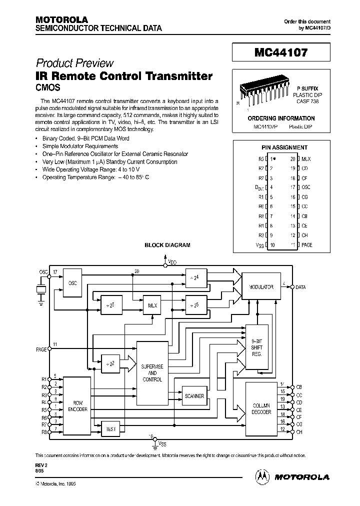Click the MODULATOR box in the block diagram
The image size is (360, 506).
click(261, 287)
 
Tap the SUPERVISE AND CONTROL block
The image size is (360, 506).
click(152, 372)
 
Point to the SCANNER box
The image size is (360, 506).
click(194, 395)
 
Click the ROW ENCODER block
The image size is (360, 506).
click(77, 405)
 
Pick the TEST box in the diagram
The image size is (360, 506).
click(111, 428)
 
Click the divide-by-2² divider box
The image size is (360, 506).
click(111, 364)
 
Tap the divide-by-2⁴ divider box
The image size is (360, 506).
click(195, 277)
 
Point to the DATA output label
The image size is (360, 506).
click(301, 287)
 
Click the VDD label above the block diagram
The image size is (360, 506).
click(172, 261)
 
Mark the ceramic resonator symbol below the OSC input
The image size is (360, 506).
click(40, 290)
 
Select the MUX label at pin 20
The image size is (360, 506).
click(306, 158)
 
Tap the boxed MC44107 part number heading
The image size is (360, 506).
click(281, 51)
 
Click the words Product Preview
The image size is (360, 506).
click(74, 63)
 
